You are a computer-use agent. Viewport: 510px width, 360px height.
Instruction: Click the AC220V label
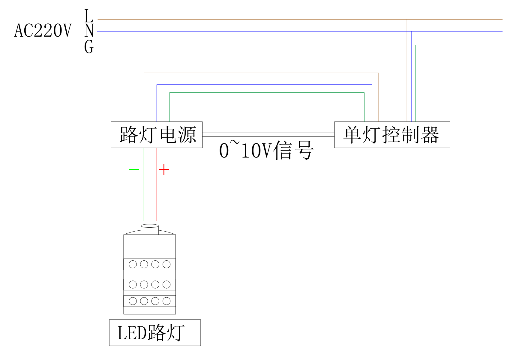43,31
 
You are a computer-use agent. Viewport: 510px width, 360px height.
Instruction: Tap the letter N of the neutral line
89,30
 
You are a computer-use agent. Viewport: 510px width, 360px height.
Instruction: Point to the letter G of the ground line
89,47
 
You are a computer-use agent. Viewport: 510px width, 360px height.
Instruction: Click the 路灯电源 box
157,135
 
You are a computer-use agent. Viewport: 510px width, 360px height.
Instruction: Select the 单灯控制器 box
392,135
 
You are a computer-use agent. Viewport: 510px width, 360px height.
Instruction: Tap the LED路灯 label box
155,332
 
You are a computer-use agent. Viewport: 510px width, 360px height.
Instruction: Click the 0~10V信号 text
266,150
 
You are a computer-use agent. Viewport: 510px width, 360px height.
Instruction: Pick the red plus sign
164,169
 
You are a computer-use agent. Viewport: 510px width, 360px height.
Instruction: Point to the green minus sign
134,169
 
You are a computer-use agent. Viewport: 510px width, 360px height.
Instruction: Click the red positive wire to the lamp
157,195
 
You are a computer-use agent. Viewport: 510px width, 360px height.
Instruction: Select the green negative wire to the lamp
143,195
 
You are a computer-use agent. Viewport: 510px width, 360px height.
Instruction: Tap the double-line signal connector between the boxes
268,135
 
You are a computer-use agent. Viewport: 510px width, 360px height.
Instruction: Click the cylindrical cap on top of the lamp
149,229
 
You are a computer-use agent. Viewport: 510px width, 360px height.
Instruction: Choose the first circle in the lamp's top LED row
133,264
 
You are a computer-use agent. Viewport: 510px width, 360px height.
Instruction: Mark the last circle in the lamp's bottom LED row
166,301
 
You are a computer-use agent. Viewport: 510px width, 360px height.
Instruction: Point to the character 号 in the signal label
304,150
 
